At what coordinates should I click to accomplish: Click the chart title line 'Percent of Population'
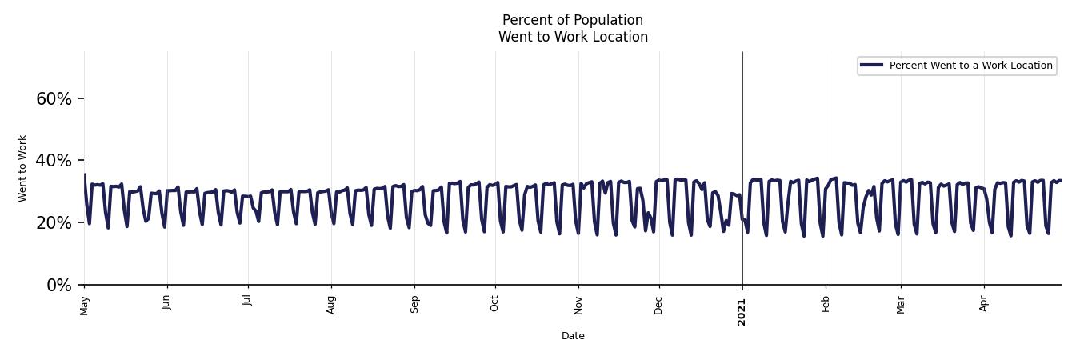point(572,20)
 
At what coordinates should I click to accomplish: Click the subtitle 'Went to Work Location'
point(573,37)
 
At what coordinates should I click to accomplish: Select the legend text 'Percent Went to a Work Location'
point(970,66)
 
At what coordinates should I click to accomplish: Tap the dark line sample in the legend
point(872,66)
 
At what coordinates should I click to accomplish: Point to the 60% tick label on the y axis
point(54,99)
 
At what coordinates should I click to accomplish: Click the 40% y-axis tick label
point(54,161)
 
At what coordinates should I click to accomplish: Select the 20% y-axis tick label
point(54,223)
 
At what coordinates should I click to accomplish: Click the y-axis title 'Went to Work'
point(22,168)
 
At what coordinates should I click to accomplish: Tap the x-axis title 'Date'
point(573,336)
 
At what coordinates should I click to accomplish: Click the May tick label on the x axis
point(85,305)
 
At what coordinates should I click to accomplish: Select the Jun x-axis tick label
point(166,302)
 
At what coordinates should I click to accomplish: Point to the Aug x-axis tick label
point(331,304)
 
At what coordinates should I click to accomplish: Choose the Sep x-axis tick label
point(414,304)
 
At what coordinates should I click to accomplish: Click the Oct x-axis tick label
point(494,303)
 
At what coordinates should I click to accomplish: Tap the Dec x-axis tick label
point(659,304)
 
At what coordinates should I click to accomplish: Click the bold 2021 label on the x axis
point(742,311)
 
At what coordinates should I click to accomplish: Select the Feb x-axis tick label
point(826,303)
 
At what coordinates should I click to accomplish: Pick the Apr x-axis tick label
point(984,303)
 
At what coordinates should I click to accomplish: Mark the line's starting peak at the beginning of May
point(85,174)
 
